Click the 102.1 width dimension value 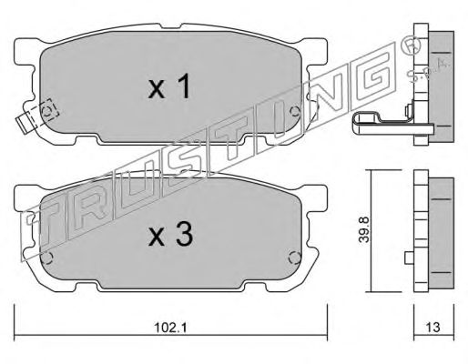[x=171, y=328]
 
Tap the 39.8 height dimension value [x=363, y=229]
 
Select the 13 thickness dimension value [x=432, y=328]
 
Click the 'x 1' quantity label [x=169, y=86]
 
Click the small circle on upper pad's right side [x=294, y=112]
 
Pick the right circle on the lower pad [x=294, y=258]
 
